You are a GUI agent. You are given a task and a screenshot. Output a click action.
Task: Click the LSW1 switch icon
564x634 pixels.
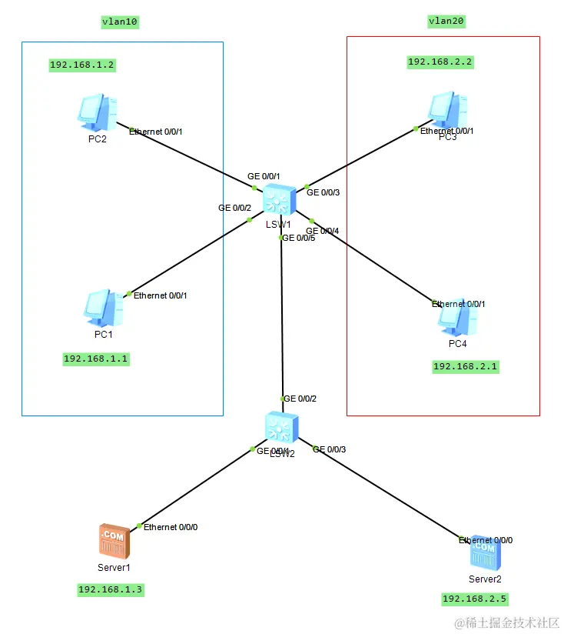[279, 201]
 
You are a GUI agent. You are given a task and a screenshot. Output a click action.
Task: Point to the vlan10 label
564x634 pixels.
[120, 22]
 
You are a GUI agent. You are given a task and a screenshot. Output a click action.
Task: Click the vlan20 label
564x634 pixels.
[446, 22]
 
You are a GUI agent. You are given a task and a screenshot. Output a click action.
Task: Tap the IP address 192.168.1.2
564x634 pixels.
[81, 65]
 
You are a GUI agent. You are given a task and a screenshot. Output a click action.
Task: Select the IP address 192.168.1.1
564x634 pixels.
[96, 359]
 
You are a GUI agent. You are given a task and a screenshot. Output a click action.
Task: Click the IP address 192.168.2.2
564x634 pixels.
[440, 62]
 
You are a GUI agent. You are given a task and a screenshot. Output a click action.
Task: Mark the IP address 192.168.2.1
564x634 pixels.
[466, 367]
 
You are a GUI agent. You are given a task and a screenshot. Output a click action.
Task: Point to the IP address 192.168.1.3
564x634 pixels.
[111, 590]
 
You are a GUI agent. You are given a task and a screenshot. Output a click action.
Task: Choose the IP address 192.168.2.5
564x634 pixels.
[475, 599]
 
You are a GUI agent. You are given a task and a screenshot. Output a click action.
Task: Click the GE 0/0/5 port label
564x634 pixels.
[300, 239]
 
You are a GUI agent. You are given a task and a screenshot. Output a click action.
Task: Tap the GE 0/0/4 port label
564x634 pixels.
[322, 231]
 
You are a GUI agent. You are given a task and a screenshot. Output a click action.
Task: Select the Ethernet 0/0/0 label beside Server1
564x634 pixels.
[171, 527]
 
